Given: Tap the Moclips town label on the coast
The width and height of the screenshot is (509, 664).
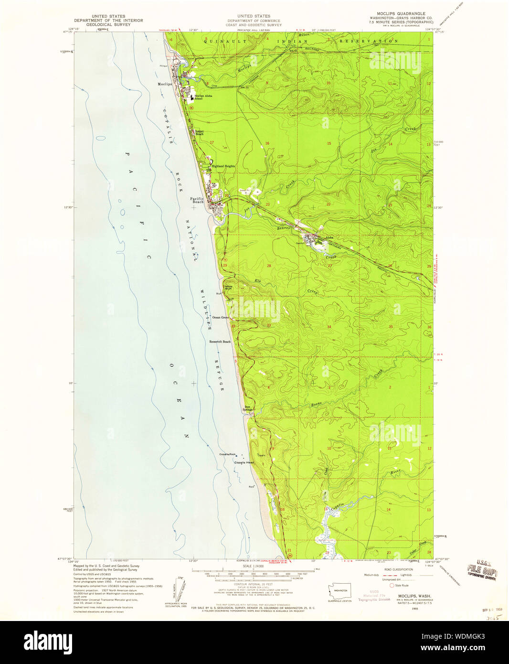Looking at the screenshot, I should [x=165, y=84].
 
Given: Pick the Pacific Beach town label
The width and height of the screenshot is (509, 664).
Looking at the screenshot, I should [x=197, y=200].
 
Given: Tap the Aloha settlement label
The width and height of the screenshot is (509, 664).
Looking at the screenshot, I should [x=329, y=237].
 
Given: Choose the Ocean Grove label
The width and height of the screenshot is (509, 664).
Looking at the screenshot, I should [x=220, y=317].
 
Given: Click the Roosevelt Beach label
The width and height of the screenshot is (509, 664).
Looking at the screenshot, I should [x=220, y=342].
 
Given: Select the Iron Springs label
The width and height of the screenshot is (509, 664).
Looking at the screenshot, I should [x=247, y=408].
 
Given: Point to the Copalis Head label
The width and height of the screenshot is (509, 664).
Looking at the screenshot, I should [x=244, y=462].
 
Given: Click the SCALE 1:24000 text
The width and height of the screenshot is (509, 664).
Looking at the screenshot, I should [x=254, y=567].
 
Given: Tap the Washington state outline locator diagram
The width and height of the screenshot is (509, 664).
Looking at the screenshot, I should [x=339, y=590].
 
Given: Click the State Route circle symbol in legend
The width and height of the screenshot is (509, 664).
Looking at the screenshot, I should [x=392, y=585].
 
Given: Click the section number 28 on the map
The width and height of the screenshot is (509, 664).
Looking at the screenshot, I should [x=269, y=266].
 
